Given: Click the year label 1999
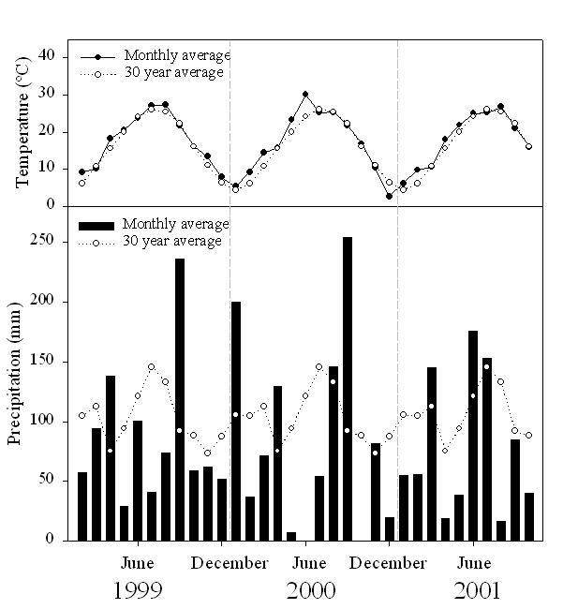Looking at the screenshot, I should [x=138, y=591].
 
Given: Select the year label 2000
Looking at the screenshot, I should [x=310, y=591].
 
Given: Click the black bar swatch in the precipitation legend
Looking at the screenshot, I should [x=97, y=225].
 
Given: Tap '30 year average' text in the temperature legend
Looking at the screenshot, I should [x=177, y=71].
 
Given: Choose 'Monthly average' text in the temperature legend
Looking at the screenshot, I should [x=177, y=55].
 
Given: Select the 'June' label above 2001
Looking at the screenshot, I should [x=474, y=563].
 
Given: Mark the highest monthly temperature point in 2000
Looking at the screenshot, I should [x=305, y=95].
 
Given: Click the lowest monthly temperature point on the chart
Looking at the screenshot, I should [x=389, y=196].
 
